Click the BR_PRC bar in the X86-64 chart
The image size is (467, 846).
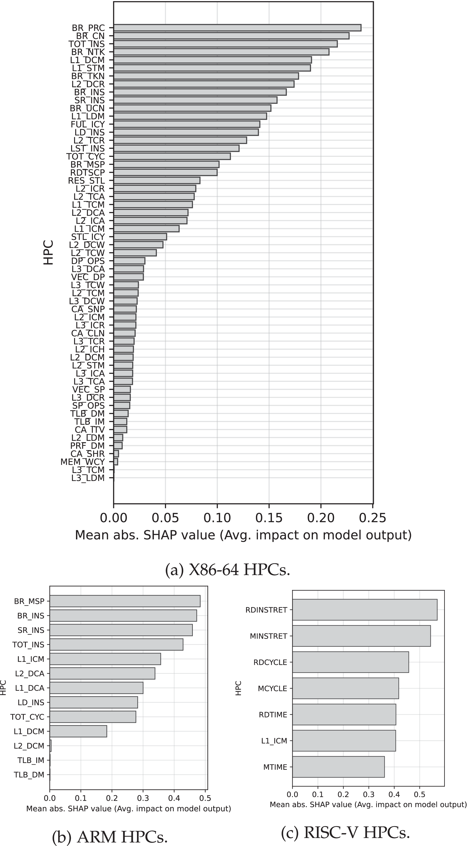(237, 28)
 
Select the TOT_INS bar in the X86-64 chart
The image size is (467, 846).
(225, 44)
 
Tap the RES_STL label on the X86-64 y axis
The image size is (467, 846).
(86, 181)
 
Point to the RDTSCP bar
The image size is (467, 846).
(165, 172)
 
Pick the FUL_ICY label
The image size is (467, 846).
(88, 124)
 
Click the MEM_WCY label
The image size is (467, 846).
(82, 462)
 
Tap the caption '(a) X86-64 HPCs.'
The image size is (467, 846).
(228, 570)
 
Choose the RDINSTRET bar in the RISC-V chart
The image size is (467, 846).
(365, 610)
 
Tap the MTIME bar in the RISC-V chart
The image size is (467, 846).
(338, 767)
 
